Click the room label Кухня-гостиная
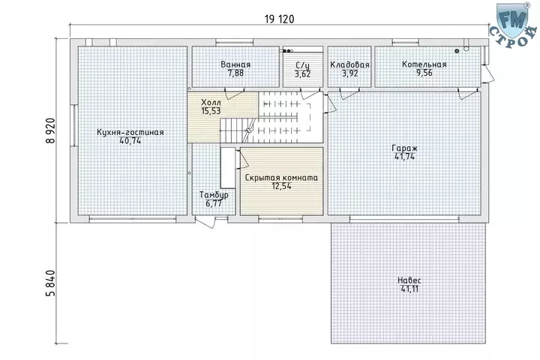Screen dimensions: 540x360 click(x=130, y=132)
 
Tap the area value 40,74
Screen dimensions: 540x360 click(x=130, y=140)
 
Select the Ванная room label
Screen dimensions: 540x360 click(x=235, y=64)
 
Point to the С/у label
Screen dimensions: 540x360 click(x=303, y=65)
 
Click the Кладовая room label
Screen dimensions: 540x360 click(x=349, y=64)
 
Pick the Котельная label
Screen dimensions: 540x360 click(x=424, y=64)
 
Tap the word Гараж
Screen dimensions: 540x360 click(x=405, y=148)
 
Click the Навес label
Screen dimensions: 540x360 click(x=409, y=280)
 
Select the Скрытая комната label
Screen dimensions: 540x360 click(x=281, y=178)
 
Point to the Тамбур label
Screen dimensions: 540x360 click(x=214, y=195)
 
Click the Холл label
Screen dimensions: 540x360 click(x=211, y=103)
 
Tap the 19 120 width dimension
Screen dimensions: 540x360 click(x=279, y=19)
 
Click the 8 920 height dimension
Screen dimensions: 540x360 click(x=50, y=130)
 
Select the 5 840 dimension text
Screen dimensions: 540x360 click(x=50, y=283)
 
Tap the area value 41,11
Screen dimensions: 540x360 click(x=409, y=289)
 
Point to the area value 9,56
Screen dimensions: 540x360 click(x=424, y=73)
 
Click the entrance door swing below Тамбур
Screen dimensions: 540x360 click(x=205, y=221)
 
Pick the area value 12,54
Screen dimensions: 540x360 click(x=281, y=186)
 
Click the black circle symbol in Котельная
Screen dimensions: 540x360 click(x=457, y=51)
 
